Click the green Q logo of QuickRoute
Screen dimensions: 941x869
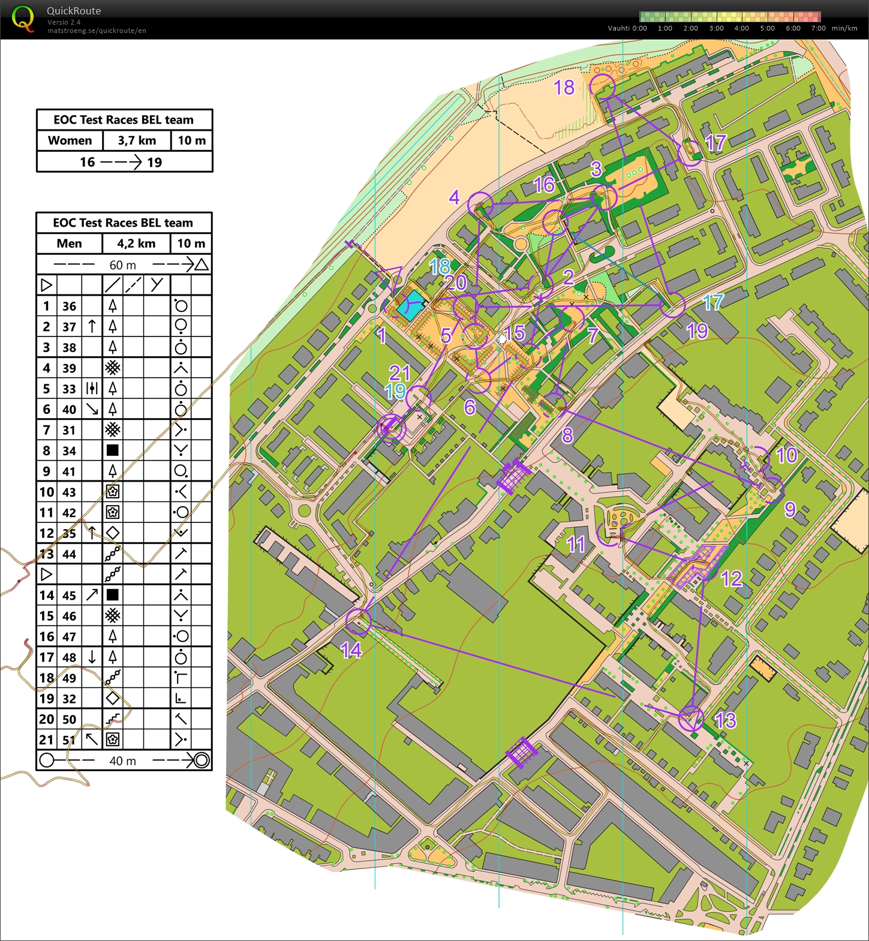23,19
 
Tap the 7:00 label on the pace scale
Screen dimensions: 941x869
818,28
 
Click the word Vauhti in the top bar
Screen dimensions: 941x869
618,28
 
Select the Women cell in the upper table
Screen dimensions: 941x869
70,141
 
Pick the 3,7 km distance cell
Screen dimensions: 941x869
137,141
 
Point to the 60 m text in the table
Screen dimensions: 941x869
122,265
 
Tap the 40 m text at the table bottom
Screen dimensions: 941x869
122,761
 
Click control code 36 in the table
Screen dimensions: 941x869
70,306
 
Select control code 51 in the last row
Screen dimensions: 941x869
70,740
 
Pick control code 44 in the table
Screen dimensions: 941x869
70,554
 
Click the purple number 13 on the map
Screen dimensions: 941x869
725,720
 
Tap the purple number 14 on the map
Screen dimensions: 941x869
351,650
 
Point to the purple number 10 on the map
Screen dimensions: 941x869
786,455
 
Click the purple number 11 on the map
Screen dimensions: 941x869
576,544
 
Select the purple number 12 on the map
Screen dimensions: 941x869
732,579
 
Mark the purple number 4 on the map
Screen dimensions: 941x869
454,197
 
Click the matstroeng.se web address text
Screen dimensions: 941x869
97,31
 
